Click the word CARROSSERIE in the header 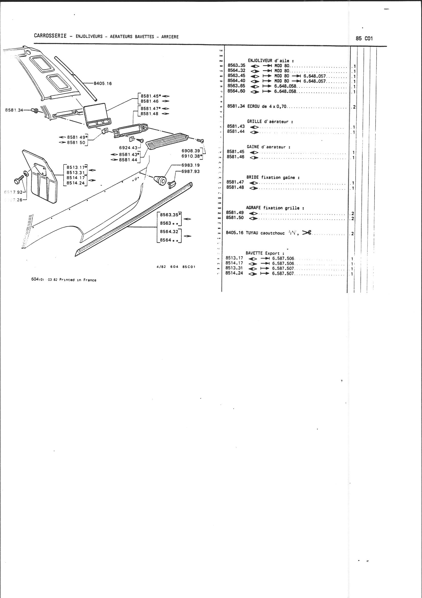pos(50,36)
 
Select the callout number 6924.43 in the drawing pos(128,147)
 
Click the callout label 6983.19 pos(190,165)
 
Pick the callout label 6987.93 pos(190,171)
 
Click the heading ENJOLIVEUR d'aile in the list pos(271,60)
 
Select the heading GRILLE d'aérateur pos(270,121)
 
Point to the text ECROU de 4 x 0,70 pos(268,106)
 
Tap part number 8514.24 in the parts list pos(234,273)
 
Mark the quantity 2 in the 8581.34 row pos(354,107)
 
